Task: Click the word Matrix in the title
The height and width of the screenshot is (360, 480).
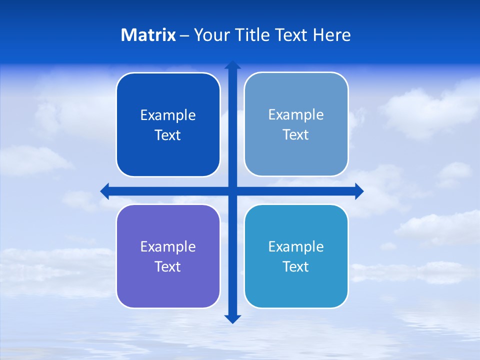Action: [148, 35]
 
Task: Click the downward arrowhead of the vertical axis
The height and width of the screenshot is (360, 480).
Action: [232, 318]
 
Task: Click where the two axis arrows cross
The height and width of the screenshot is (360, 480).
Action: [232, 191]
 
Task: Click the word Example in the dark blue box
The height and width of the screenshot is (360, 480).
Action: [168, 115]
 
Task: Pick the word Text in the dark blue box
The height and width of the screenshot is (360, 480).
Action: [168, 135]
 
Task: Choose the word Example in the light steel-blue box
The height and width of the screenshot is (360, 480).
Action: [296, 115]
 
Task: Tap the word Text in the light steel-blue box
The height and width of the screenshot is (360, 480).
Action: [296, 135]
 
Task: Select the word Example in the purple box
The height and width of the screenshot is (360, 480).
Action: [168, 247]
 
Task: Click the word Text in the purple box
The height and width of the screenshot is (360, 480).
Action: [168, 267]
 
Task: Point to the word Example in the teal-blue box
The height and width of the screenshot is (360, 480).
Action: [296, 247]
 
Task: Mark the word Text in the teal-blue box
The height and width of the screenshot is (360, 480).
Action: [296, 267]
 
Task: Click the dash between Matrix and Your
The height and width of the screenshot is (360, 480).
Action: [184, 35]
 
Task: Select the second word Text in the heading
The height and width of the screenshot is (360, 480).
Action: [291, 35]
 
